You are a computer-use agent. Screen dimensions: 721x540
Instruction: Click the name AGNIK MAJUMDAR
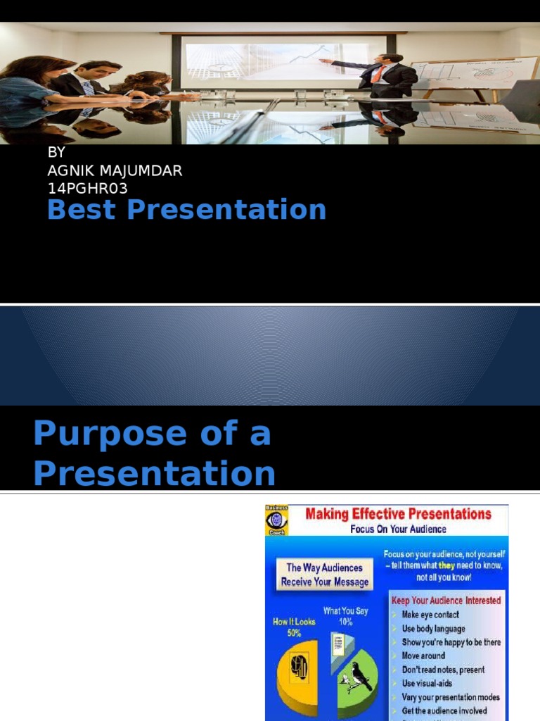click(115, 172)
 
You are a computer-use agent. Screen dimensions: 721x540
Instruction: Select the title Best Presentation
click(186, 210)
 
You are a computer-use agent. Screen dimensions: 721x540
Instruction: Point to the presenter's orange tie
click(379, 73)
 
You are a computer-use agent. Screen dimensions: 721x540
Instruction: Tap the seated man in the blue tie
click(88, 81)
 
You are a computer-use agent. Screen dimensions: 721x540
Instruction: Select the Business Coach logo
click(276, 520)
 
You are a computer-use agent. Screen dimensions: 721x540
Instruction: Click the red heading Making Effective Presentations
click(398, 514)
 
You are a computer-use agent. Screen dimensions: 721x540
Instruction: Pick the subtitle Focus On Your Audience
click(398, 529)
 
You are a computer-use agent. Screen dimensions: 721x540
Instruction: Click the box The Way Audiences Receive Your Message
click(324, 575)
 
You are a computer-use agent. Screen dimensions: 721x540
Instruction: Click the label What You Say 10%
click(345, 616)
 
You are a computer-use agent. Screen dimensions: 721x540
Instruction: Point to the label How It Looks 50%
click(294, 627)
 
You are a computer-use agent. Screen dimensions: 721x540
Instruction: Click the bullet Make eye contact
click(430, 615)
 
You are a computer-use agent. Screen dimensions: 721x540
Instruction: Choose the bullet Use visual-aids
click(427, 683)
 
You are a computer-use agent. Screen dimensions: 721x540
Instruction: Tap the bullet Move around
click(423, 656)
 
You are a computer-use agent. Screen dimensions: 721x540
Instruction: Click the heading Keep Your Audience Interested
click(446, 601)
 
